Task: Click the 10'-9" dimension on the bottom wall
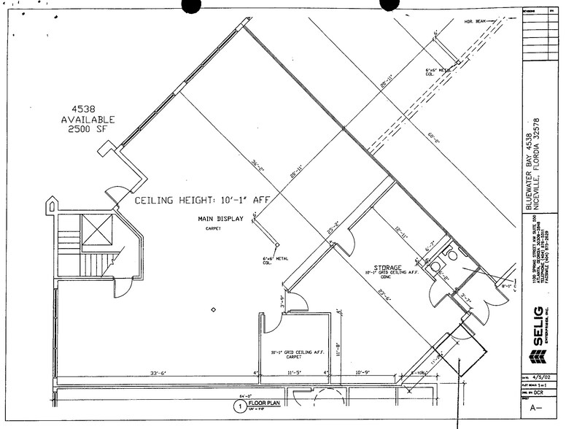pos(363,373)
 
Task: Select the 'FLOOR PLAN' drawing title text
pos(263,402)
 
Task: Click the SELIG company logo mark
pos(538,357)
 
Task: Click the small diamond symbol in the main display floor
pos(213,311)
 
